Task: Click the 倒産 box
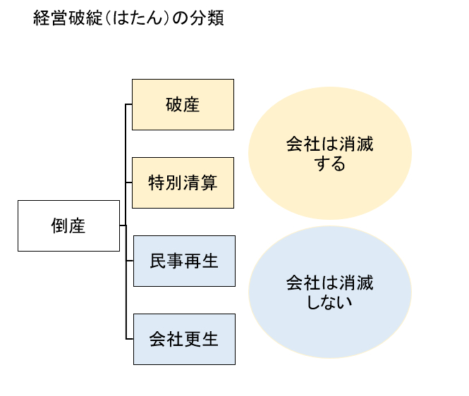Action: (68, 225)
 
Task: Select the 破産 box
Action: (183, 105)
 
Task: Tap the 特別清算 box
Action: (183, 182)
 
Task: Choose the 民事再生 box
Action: (183, 261)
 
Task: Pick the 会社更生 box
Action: (183, 339)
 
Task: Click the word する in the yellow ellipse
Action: (329, 165)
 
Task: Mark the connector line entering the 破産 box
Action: (129, 105)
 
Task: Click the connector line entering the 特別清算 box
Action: (129, 182)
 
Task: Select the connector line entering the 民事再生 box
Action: (129, 261)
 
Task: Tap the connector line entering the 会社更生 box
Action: (129, 339)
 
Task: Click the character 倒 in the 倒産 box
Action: (60, 225)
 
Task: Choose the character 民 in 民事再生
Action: (157, 261)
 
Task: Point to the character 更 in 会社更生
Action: (192, 339)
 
